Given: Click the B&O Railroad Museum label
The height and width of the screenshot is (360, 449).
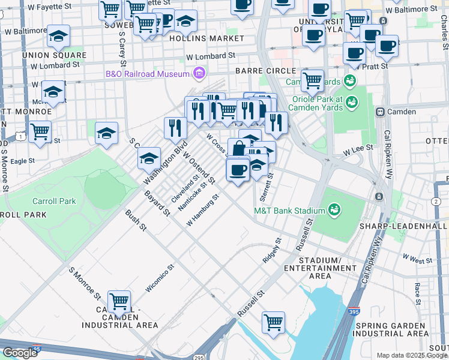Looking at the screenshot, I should [x=147, y=74].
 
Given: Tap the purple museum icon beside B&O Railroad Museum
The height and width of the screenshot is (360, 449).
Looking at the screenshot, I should [x=199, y=74].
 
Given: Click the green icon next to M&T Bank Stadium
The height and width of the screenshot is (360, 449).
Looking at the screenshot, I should [x=334, y=210].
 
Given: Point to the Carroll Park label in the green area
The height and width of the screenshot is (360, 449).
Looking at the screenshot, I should [x=55, y=201].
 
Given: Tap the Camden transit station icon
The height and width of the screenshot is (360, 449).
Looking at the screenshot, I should [x=379, y=112].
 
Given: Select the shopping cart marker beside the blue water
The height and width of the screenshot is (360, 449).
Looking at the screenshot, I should [x=274, y=322].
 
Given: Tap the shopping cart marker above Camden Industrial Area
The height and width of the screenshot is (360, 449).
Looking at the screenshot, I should [x=119, y=301].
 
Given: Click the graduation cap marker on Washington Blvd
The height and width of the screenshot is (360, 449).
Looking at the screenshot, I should [x=149, y=158].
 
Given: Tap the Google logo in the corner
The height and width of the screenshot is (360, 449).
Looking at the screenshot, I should [x=20, y=353].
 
